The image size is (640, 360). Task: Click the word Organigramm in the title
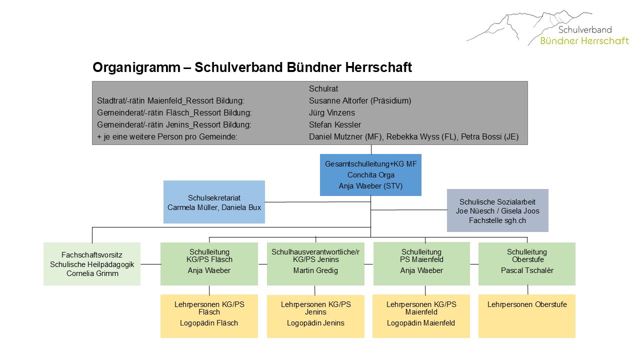coord(136,68)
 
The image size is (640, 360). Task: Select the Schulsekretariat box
coord(214,202)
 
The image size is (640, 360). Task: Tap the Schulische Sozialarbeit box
coord(497,210)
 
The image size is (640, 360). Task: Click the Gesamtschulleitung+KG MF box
coord(370,175)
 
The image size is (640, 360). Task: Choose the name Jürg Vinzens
coord(331,112)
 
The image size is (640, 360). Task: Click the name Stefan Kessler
coord(335,124)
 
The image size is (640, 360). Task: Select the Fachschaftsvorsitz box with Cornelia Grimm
coord(92,264)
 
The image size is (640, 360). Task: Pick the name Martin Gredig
coord(315,270)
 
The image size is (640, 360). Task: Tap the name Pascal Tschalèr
coord(527,270)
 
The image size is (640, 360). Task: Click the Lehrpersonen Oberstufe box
coord(527,316)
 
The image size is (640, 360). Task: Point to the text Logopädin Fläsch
coord(209,323)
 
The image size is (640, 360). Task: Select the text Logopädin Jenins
coord(315,323)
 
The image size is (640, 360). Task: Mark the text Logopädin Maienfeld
coord(421,323)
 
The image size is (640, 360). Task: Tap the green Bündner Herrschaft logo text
coord(584,41)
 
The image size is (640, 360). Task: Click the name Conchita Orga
coord(371,175)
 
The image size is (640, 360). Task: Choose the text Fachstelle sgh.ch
coord(497,220)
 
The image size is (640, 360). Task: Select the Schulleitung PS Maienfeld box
coord(421,263)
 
